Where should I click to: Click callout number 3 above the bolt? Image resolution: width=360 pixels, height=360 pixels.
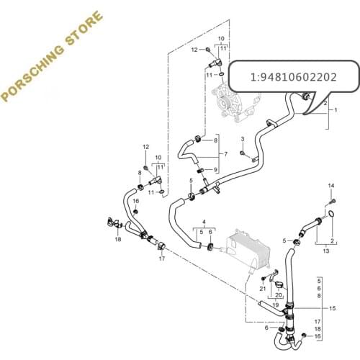tap(243, 138)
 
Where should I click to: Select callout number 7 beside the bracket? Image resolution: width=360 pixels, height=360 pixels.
tap(225, 154)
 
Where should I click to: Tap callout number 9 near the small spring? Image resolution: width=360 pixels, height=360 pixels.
tap(215, 169)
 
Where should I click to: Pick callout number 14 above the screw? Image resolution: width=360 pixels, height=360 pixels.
tap(332, 186)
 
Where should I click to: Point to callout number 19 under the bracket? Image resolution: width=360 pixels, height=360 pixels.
tap(276, 305)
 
